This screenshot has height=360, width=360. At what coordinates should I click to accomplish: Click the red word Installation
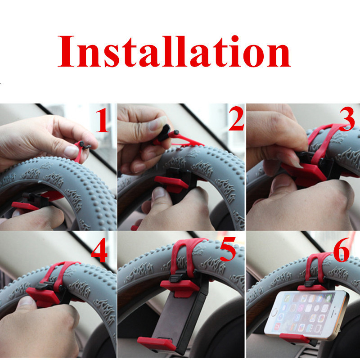click(174, 51)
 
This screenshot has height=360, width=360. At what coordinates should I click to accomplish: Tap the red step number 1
click(102, 120)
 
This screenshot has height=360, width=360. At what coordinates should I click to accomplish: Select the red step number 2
click(236, 118)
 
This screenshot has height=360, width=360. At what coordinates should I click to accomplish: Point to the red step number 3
click(346, 119)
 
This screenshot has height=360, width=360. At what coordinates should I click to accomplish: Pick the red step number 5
click(228, 249)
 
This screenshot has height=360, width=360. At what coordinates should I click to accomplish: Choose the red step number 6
click(342, 250)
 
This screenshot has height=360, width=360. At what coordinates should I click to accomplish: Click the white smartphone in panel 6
click(306, 315)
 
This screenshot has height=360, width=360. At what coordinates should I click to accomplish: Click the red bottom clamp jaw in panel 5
click(157, 343)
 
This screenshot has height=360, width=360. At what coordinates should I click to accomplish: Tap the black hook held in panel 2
click(164, 133)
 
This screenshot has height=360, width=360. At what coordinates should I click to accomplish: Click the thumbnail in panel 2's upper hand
click(157, 123)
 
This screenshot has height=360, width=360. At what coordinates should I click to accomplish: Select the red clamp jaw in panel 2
click(171, 184)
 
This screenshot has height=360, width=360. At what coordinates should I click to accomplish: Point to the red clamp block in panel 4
click(43, 297)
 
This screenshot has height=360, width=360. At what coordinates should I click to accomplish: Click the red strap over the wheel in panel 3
click(321, 142)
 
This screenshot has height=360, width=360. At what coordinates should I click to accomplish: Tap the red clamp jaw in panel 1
click(25, 206)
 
